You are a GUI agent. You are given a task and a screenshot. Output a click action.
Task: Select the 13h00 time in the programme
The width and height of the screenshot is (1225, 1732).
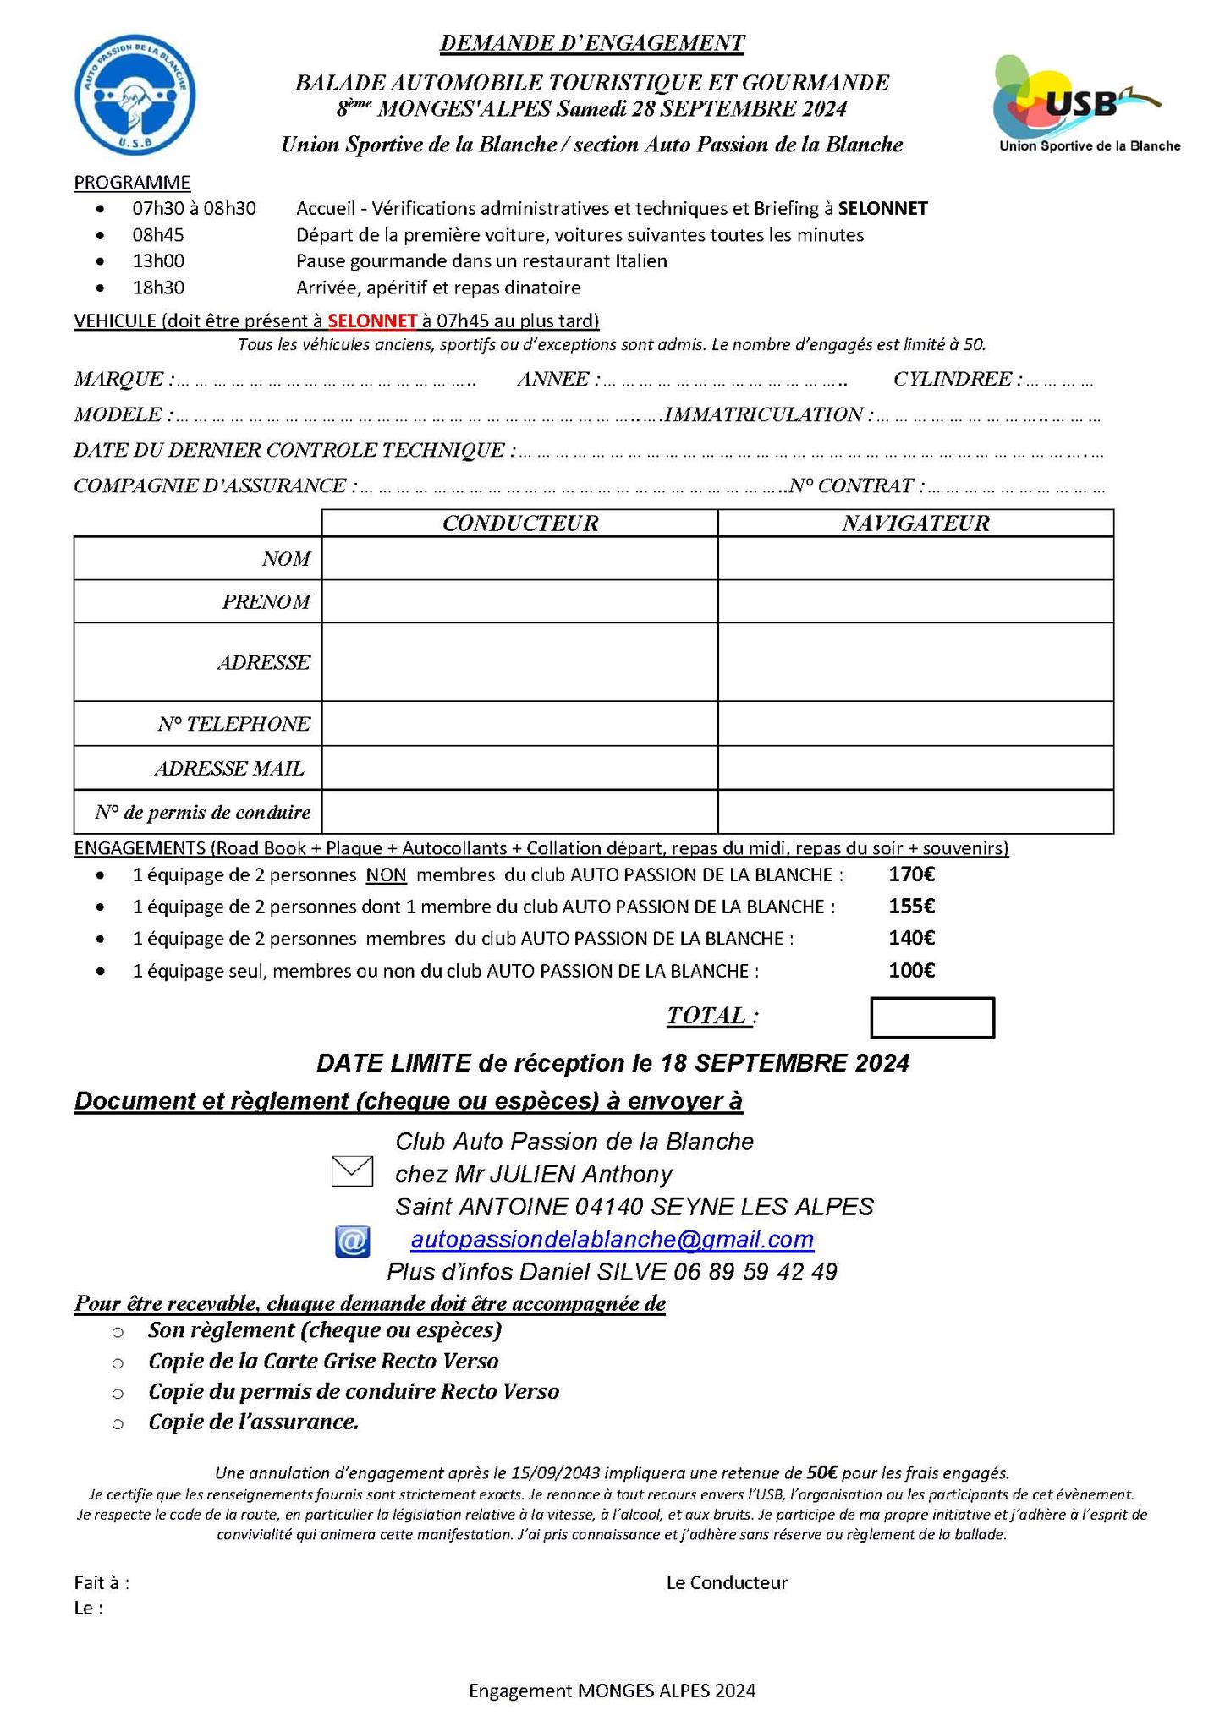(x=158, y=261)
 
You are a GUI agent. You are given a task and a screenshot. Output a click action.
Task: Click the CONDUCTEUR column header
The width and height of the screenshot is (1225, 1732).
(x=519, y=523)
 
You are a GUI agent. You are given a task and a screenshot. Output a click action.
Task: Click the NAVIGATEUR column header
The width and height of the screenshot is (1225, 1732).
(x=915, y=523)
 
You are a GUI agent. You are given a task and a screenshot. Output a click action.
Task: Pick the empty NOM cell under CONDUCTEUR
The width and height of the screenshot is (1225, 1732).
(x=519, y=559)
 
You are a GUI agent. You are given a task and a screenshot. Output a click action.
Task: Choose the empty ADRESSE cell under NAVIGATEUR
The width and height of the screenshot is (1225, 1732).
(x=915, y=662)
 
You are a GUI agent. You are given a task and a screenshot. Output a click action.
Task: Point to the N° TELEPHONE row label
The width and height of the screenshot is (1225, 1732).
(x=233, y=724)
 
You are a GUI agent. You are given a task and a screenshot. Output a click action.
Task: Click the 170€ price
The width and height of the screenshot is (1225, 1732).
(x=911, y=874)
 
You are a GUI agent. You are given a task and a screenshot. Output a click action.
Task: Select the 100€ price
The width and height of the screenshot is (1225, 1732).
(x=911, y=971)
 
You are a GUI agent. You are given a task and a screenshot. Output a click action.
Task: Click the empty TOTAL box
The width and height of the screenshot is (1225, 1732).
(x=932, y=1018)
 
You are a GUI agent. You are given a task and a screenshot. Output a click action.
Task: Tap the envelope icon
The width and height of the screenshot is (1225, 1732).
(x=352, y=1172)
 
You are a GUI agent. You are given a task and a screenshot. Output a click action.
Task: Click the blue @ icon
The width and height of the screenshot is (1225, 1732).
(x=352, y=1241)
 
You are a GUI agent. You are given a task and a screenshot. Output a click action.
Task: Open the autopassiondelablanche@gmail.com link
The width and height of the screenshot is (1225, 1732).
(x=612, y=1240)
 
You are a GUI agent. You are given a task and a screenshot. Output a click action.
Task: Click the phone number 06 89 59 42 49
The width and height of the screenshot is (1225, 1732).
(x=755, y=1272)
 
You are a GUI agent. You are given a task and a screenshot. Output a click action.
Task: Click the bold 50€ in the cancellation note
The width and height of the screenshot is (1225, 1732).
(x=822, y=1472)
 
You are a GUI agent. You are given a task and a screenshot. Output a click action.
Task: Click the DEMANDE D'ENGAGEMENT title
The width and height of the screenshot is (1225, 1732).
(x=592, y=43)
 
